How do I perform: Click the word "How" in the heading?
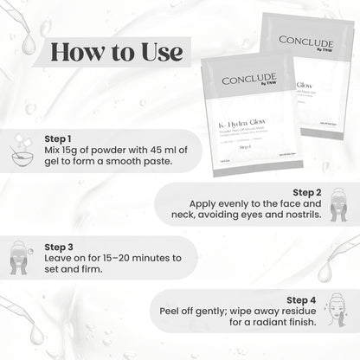(x=75, y=51)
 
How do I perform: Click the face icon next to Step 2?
(x=338, y=209)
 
